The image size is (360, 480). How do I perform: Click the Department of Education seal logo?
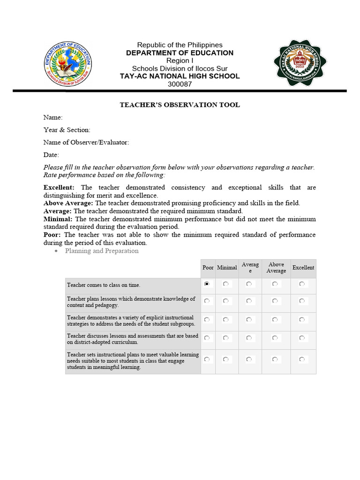click(68, 62)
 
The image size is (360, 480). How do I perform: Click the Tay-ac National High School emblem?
click(300, 62)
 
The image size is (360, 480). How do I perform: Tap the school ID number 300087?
click(180, 84)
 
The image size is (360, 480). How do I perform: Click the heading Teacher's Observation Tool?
click(180, 105)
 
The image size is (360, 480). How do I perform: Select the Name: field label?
click(53, 117)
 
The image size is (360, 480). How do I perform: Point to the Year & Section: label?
click(67, 130)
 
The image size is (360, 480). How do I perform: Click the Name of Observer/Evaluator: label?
click(86, 142)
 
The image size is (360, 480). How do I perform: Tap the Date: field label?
click(52, 155)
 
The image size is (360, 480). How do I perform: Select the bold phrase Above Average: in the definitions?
click(68, 203)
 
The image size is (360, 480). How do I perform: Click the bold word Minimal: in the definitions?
click(58, 219)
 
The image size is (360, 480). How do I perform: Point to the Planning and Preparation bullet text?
click(102, 251)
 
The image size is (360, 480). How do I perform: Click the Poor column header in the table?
click(208, 268)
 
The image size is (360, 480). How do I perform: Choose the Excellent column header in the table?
click(303, 268)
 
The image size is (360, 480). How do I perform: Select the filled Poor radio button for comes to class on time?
click(207, 284)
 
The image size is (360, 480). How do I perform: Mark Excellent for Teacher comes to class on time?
click(302, 284)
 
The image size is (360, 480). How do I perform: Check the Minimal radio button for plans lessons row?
click(226, 300)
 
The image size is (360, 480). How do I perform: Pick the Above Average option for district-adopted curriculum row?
click(275, 337)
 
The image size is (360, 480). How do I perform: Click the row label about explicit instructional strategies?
click(131, 321)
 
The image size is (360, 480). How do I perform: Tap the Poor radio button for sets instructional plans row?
click(207, 360)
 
